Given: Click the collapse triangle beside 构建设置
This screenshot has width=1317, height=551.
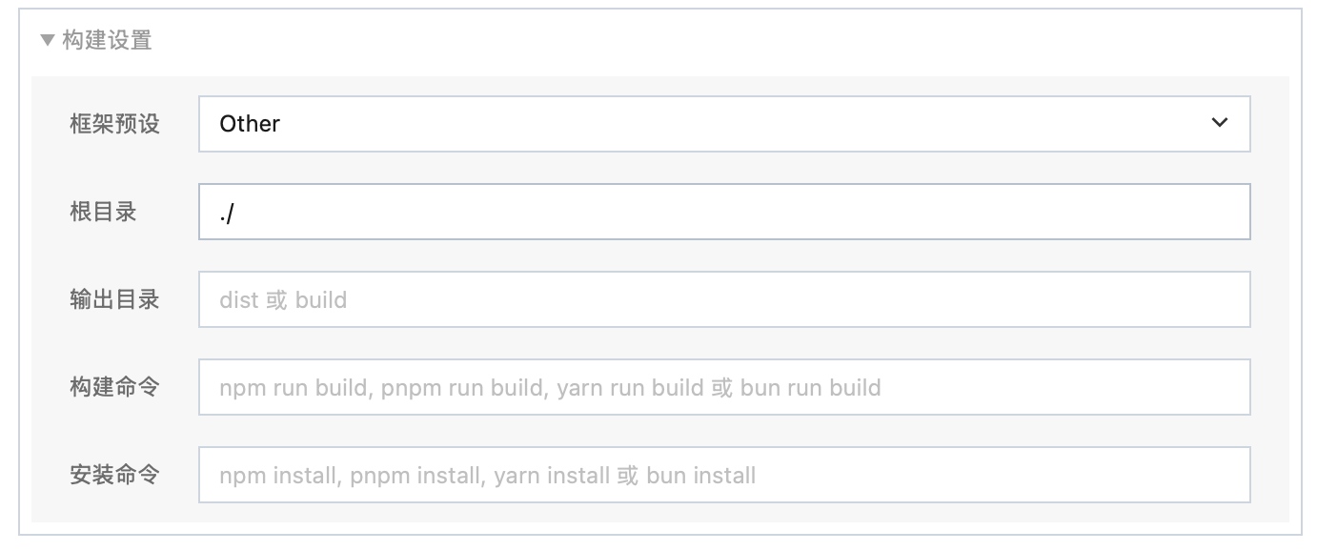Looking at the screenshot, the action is [48, 40].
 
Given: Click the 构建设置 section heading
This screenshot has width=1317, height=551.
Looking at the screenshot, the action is [107, 40].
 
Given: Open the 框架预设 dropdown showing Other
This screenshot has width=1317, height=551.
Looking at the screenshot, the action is [724, 124].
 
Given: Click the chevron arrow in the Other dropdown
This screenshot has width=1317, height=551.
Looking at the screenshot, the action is [1220, 122].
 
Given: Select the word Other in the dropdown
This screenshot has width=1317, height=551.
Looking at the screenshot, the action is [250, 124].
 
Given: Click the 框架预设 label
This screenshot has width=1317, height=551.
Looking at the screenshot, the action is [114, 124].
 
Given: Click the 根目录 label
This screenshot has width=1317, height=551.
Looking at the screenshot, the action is [104, 212].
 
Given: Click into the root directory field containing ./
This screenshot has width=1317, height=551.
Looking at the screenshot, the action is [724, 212].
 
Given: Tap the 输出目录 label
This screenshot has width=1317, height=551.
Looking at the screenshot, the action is [114, 299].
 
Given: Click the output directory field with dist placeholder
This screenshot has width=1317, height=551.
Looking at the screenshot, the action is [724, 299].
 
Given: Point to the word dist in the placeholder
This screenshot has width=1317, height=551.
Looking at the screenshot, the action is [238, 300].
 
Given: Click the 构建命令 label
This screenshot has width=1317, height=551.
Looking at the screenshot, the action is [114, 387].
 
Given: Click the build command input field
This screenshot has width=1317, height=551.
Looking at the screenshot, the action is [724, 387].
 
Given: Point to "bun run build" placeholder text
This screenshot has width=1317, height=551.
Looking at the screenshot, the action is [811, 388].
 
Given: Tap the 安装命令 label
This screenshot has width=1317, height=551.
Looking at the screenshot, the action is [114, 475].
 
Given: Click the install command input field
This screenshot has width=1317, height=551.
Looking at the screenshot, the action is [724, 475].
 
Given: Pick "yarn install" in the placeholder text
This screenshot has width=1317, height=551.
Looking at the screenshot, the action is [552, 476].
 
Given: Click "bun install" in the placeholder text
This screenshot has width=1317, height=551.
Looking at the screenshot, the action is [700, 476].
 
